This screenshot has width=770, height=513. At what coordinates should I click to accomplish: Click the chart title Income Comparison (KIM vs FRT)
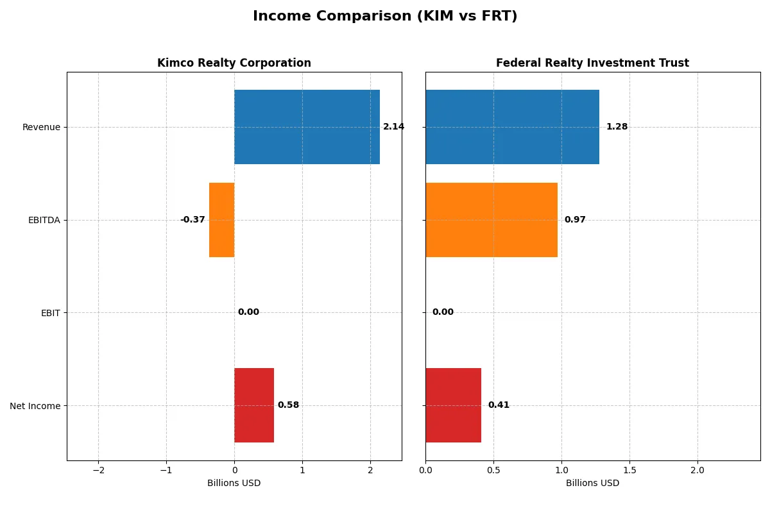(x=385, y=17)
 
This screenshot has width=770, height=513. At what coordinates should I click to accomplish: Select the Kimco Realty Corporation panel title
(x=234, y=63)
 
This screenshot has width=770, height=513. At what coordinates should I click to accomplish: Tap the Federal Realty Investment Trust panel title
(x=592, y=63)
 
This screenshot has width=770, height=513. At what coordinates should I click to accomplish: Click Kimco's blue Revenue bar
(x=307, y=127)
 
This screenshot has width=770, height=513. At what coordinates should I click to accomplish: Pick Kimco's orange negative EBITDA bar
(x=222, y=220)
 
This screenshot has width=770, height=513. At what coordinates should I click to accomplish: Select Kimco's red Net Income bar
(x=254, y=405)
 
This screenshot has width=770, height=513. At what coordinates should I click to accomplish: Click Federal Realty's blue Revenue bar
(x=512, y=127)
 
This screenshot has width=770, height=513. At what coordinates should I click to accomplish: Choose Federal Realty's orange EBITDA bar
(x=492, y=220)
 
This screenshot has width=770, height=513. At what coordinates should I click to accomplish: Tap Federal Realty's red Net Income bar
(x=453, y=405)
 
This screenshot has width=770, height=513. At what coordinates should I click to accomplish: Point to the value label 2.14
(x=393, y=127)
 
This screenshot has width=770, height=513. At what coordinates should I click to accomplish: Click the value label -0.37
(x=193, y=220)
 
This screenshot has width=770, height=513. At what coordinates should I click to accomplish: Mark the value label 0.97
(x=575, y=220)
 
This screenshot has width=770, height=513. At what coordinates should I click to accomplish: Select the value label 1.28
(x=617, y=127)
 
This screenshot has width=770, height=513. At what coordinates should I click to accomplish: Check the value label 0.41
(x=499, y=405)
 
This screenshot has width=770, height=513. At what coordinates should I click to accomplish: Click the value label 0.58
(x=288, y=405)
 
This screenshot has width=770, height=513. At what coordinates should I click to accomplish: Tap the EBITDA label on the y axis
(x=44, y=220)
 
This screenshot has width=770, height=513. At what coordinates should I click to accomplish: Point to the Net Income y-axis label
(x=35, y=406)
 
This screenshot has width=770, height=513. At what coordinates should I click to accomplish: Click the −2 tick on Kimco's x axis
(x=98, y=470)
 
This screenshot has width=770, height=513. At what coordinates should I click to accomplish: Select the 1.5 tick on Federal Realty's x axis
(x=629, y=470)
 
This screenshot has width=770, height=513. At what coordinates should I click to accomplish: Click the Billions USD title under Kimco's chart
(x=234, y=483)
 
